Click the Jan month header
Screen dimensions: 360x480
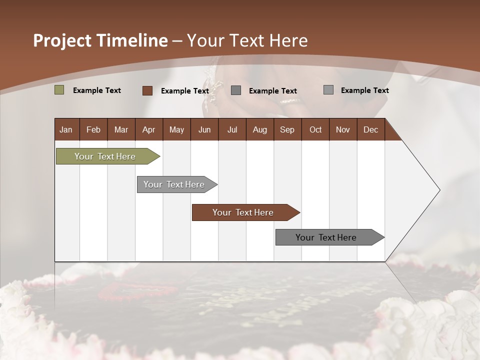(x=66, y=130)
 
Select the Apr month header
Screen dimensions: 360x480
(x=148, y=130)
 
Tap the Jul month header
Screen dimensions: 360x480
(x=232, y=130)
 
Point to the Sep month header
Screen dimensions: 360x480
(x=287, y=130)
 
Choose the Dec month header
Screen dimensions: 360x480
(x=370, y=130)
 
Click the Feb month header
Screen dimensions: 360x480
(x=93, y=130)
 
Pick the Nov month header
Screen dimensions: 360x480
(x=342, y=130)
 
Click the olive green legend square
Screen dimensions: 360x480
(x=59, y=90)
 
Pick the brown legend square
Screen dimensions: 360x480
(x=147, y=90)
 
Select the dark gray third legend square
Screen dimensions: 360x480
(x=236, y=90)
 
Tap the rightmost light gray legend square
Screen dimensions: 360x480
(x=328, y=90)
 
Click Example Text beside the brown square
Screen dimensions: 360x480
(x=184, y=91)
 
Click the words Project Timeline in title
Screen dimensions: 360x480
(x=100, y=40)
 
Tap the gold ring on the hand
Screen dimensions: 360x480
(x=290, y=101)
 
